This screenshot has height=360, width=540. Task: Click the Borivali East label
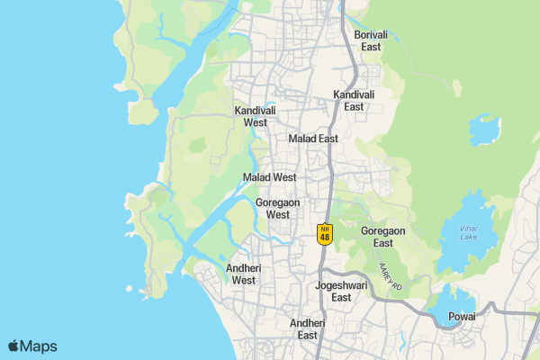click(x=371, y=40)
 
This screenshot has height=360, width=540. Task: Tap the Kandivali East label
click(x=354, y=101)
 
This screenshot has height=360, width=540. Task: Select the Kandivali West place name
click(x=255, y=116)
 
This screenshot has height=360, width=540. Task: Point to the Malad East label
click(x=313, y=139)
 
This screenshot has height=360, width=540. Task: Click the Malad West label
click(x=269, y=177)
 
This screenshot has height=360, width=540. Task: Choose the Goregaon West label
click(x=277, y=209)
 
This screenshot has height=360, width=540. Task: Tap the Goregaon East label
click(x=383, y=237)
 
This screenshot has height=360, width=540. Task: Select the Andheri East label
click(x=308, y=328)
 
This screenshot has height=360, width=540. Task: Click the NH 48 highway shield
click(x=326, y=233)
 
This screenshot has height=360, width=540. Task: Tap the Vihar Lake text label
click(x=468, y=231)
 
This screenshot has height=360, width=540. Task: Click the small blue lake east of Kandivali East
click(x=484, y=131)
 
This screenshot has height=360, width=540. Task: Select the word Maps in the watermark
click(x=39, y=346)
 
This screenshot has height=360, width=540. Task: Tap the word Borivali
click(x=371, y=34)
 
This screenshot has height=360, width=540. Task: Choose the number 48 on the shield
click(x=326, y=238)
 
